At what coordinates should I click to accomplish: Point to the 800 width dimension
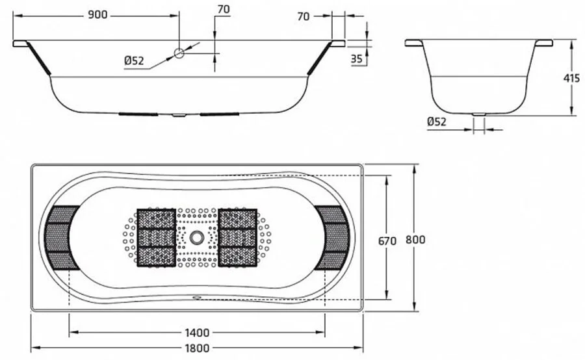[415, 240]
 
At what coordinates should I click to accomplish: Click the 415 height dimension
[571, 78]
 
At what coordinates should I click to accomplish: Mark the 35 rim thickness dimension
[356, 58]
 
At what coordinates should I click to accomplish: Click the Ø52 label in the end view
[437, 122]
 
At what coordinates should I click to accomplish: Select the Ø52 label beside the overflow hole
[134, 61]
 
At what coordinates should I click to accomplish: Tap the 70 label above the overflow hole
[224, 10]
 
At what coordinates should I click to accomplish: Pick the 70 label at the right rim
[304, 17]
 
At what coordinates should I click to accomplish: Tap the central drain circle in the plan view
[196, 237]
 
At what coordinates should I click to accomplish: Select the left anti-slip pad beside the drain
[157, 237]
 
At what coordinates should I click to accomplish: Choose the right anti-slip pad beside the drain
[237, 237]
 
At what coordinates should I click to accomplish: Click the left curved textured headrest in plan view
[62, 237]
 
